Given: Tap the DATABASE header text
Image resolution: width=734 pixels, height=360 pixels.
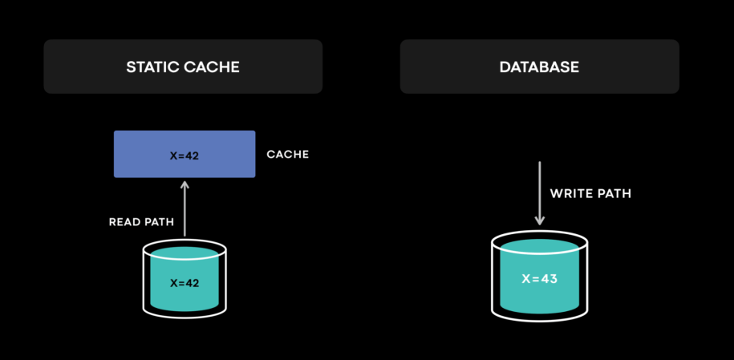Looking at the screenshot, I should [x=539, y=67].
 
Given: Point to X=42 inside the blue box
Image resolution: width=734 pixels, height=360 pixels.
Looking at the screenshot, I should [x=185, y=156].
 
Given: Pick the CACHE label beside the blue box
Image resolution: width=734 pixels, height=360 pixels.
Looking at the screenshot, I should [x=287, y=155].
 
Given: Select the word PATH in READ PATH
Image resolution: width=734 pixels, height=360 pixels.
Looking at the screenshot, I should [x=160, y=221].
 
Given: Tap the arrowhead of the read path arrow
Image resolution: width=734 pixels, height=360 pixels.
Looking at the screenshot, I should [x=185, y=184].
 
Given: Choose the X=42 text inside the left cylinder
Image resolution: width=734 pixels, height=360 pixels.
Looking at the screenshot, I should [x=185, y=283].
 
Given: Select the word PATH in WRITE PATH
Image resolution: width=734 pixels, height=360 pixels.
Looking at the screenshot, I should [x=614, y=194].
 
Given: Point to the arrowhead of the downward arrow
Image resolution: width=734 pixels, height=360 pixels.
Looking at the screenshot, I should [x=540, y=220].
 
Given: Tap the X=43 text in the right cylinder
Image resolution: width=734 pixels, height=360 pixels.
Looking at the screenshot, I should [x=540, y=279].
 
